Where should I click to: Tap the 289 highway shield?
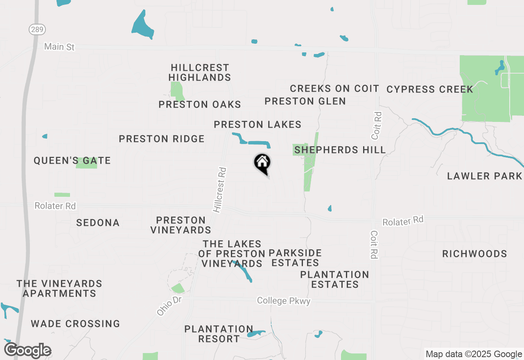(x=37, y=29)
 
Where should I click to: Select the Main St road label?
(x=59, y=47)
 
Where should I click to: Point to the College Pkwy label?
(x=284, y=301)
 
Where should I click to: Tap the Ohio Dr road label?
(x=169, y=306)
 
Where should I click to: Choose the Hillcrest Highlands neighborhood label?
(x=200, y=72)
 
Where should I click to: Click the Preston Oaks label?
(x=200, y=105)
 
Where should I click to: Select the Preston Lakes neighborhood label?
(x=257, y=124)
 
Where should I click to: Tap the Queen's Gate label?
(x=72, y=161)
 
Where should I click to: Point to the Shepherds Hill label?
(x=340, y=150)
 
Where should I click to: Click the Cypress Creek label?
(x=430, y=89)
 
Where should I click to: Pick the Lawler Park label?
(x=485, y=176)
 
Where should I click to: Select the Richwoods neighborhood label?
(x=474, y=254)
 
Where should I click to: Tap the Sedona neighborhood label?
(x=98, y=223)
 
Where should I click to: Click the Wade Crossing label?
(x=75, y=324)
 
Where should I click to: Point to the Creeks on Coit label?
(x=334, y=88)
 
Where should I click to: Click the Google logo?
(x=27, y=351)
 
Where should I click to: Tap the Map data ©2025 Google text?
(x=473, y=354)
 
